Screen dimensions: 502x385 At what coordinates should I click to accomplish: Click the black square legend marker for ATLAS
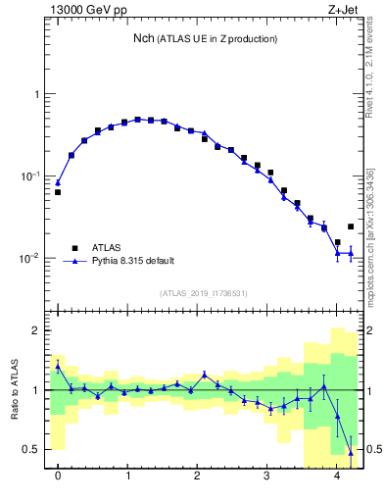coord(74,248)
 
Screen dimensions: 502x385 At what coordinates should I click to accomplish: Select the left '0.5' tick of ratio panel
coord(32,450)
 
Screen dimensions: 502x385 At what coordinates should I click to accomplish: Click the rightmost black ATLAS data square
coord(351,226)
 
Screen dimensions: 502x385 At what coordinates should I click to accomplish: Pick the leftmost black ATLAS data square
coord(58,192)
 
